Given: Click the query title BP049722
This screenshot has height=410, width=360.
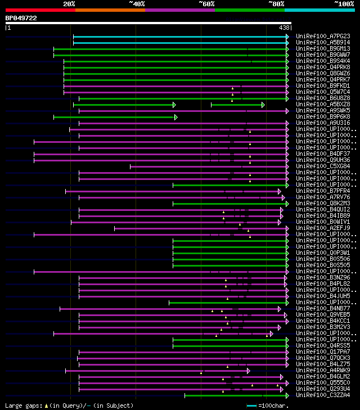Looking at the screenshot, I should tap(21, 18).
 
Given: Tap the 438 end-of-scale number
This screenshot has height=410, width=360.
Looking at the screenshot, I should tap(284, 28).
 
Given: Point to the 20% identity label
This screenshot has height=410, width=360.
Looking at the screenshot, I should tap(69, 4).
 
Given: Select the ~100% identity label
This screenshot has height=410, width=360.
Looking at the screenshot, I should tap(344, 4).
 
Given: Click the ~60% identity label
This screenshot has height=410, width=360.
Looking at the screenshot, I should tap(206, 4).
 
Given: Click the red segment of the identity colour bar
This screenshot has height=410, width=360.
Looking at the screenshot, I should tap(40, 10).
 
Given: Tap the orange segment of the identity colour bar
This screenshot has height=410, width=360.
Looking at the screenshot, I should tap(110, 10).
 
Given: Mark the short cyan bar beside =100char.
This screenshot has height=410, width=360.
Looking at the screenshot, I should tap(251, 406).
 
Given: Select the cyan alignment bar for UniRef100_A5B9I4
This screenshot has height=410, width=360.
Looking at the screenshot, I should tap(180, 42).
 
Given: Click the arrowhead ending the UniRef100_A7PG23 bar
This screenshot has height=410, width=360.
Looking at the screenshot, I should tap(287, 36).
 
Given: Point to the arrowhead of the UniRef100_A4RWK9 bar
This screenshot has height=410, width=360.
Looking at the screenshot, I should tap(248, 370).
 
